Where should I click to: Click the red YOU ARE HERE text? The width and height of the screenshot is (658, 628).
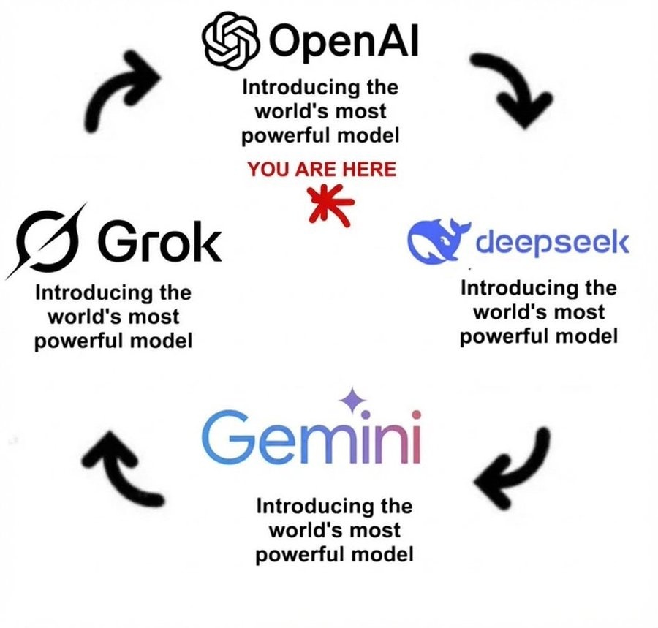(321, 170)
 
